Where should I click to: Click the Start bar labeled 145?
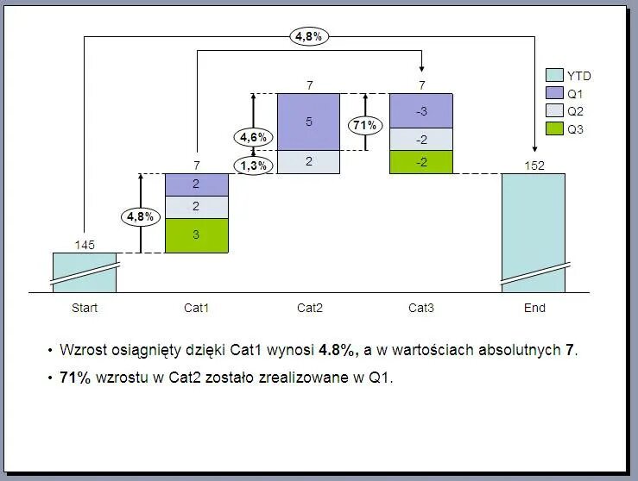(85, 272)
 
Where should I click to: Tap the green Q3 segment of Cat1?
(197, 235)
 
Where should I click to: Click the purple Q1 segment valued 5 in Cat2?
(309, 122)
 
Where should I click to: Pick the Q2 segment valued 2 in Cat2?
(309, 161)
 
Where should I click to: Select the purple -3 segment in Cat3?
(420, 111)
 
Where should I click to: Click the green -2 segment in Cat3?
(420, 162)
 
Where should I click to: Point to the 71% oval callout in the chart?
(365, 125)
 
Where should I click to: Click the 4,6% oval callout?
(253, 137)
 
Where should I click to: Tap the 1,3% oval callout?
(253, 166)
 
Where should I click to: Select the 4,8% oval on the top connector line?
(310, 36)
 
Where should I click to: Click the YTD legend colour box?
(553, 76)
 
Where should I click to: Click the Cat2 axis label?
(309, 308)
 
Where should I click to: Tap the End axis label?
(534, 308)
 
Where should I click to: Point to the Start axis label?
(85, 308)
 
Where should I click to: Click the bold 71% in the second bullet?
(75, 378)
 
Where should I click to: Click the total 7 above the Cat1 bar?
(197, 165)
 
